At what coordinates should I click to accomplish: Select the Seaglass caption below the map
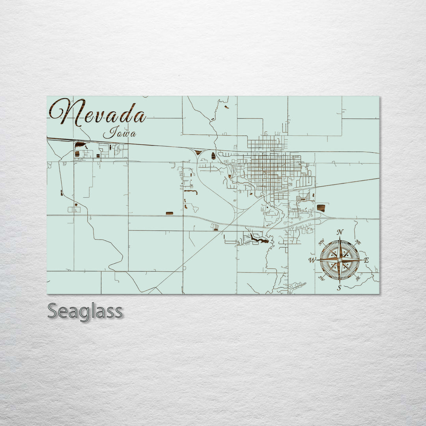click(x=85, y=311)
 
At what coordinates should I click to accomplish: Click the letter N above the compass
click(x=340, y=232)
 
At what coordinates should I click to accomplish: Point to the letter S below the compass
click(x=339, y=288)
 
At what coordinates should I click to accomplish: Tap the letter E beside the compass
click(x=366, y=260)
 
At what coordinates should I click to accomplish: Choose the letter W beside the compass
click(x=312, y=260)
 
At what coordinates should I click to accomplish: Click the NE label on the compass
click(x=358, y=242)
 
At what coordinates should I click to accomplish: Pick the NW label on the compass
click(x=321, y=241)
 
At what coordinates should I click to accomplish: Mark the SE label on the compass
click(x=358, y=278)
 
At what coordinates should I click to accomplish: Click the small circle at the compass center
click(x=339, y=260)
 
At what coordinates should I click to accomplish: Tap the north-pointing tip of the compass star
click(x=340, y=238)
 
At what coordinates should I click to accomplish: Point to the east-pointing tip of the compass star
click(x=362, y=260)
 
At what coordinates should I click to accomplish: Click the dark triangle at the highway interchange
click(x=198, y=152)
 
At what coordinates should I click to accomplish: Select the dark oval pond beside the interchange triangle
click(x=213, y=155)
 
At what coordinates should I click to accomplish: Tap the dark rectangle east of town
click(x=321, y=208)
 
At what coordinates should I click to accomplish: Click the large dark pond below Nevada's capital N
click(x=81, y=145)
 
